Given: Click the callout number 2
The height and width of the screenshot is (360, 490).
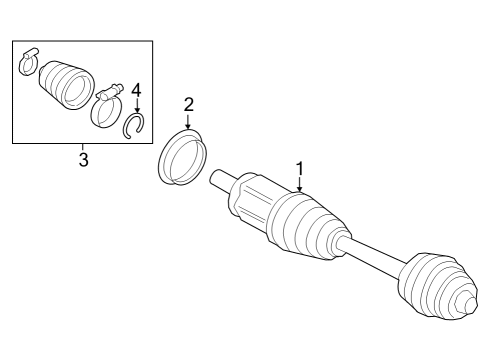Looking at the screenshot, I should pyautogui.click(x=187, y=104).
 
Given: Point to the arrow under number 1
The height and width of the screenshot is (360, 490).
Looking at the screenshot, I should pyautogui.click(x=298, y=183).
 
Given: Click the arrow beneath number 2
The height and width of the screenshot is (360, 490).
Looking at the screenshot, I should pyautogui.click(x=187, y=121).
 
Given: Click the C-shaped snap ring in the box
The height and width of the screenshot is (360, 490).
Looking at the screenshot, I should pyautogui.click(x=134, y=125).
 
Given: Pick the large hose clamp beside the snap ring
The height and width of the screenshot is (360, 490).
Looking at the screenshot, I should pyautogui.click(x=105, y=109).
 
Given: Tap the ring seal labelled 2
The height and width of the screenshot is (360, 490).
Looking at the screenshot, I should pyautogui.click(x=179, y=159).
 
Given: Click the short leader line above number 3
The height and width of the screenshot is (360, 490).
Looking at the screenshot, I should pyautogui.click(x=83, y=148).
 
